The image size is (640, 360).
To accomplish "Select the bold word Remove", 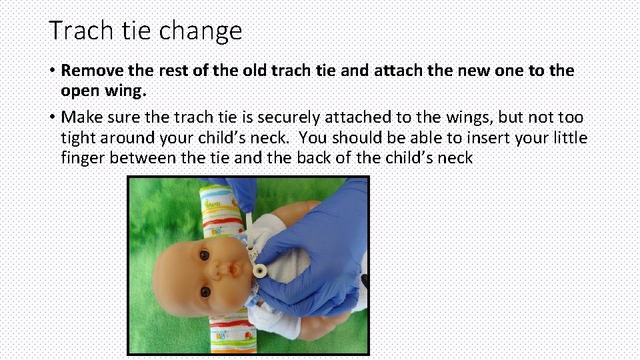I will (x=91, y=71).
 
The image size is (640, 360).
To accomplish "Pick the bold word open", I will (x=79, y=90).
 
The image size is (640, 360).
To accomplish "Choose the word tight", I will (x=77, y=138).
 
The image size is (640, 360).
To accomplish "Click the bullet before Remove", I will (x=51, y=71).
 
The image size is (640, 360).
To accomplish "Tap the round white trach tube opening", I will (x=258, y=270).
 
